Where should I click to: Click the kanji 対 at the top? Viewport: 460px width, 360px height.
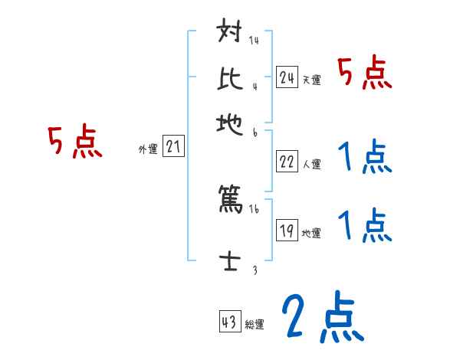pos(231,34)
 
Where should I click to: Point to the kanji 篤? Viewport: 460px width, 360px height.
pos(231,201)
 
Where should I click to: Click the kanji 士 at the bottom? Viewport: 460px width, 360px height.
pos(231,261)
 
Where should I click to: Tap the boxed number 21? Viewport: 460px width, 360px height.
pos(174,147)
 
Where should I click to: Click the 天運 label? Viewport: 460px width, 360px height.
pos(311,79)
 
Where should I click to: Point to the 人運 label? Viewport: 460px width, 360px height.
pos(311,164)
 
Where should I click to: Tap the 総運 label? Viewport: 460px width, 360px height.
pos(255,324)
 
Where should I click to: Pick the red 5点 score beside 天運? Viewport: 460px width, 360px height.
pos(366,74)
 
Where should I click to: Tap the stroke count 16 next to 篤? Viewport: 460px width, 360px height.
pos(255,209)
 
